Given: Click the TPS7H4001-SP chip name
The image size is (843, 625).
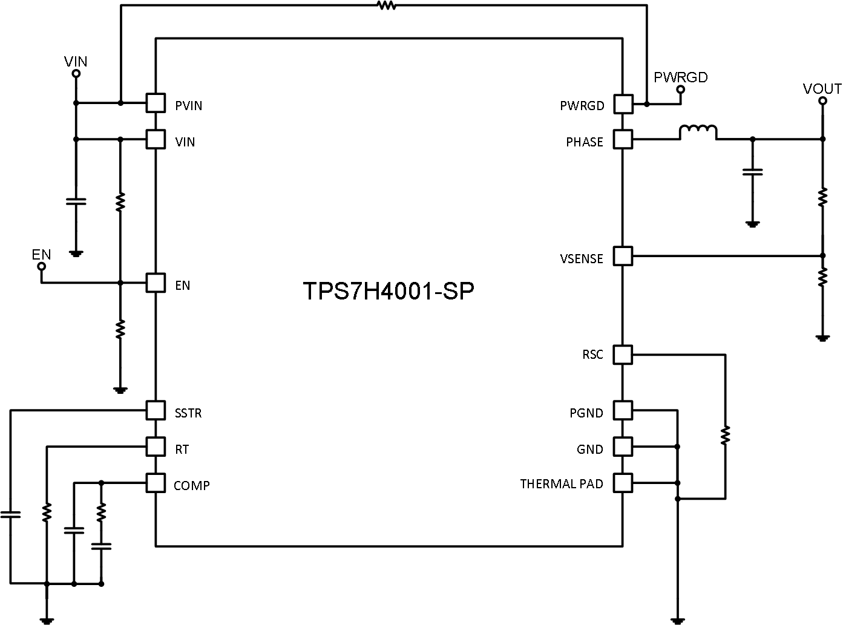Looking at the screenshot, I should pyautogui.click(x=389, y=292).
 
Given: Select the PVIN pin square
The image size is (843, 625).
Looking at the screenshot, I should pyautogui.click(x=156, y=103).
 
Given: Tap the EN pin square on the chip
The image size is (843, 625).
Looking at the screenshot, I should pyautogui.click(x=156, y=283).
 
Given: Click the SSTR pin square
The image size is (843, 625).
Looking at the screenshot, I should pyautogui.click(x=156, y=411).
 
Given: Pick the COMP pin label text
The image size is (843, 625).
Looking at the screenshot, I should pyautogui.click(x=191, y=486).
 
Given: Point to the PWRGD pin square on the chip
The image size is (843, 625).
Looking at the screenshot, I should pyautogui.click(x=623, y=104).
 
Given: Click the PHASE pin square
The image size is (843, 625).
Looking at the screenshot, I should pyautogui.click(x=623, y=140).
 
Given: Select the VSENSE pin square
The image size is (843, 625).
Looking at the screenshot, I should pyautogui.click(x=623, y=256).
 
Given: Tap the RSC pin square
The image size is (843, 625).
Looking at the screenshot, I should pyautogui.click(x=623, y=355).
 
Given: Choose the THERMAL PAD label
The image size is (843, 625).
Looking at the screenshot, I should pyautogui.click(x=561, y=484).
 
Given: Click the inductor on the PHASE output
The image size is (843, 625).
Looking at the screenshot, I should pyautogui.click(x=698, y=133).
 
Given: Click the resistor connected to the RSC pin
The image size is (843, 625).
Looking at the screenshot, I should pyautogui.click(x=725, y=434).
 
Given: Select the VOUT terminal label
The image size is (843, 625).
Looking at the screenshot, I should pyautogui.click(x=822, y=89).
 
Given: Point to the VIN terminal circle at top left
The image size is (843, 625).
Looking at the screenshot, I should pyautogui.click(x=76, y=74).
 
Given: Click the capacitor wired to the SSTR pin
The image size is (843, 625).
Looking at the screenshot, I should pyautogui.click(x=10, y=515).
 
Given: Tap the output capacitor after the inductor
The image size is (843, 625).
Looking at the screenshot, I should pyautogui.click(x=752, y=172).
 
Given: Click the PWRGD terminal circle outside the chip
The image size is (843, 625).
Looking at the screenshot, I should pyautogui.click(x=680, y=90).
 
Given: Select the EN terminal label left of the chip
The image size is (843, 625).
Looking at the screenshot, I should pyautogui.click(x=41, y=254).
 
